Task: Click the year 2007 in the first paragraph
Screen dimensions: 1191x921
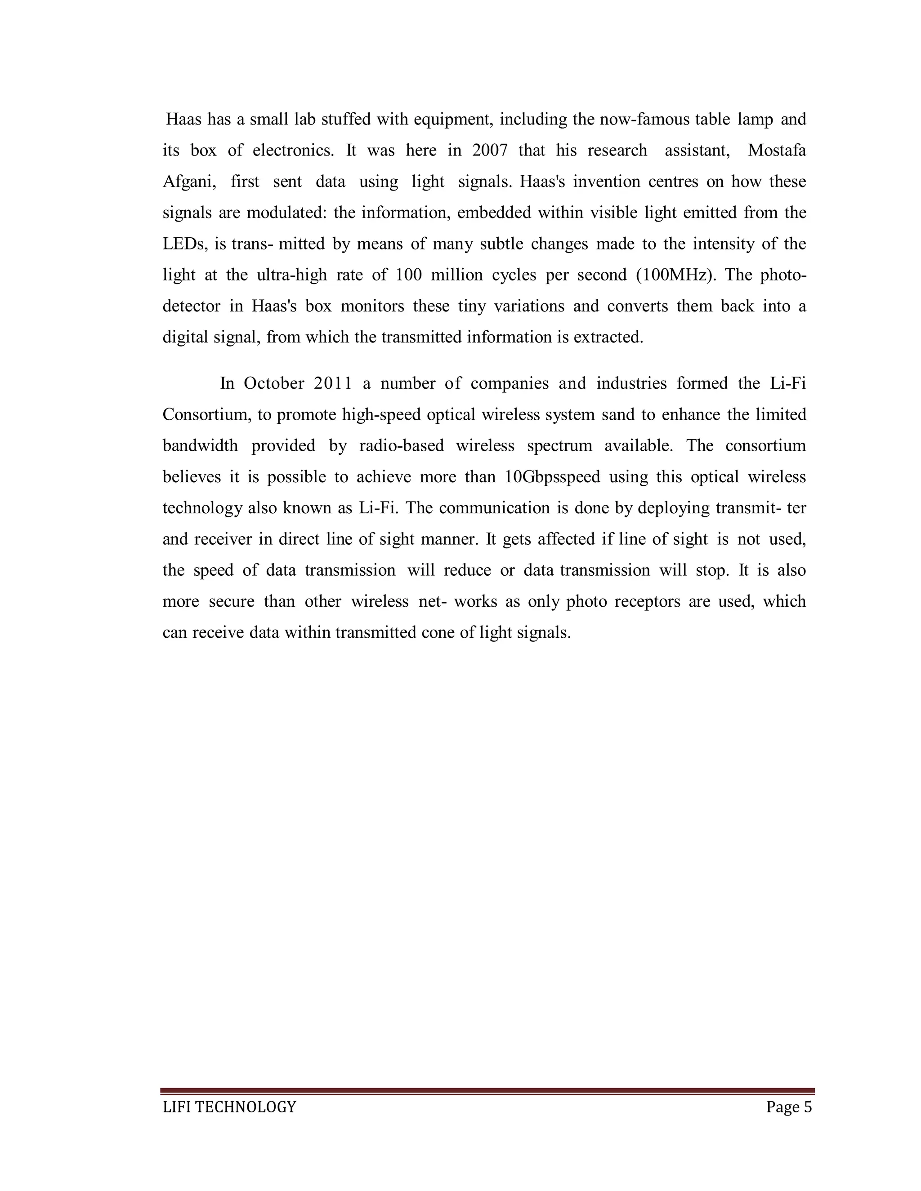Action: [489, 150]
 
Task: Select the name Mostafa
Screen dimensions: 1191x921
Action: [776, 150]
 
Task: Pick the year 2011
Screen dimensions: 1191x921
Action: [333, 383]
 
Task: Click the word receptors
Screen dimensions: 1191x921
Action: [647, 601]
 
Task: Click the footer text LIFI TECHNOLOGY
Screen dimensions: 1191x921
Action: [230, 1107]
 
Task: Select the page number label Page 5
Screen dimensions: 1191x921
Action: [789, 1107]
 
